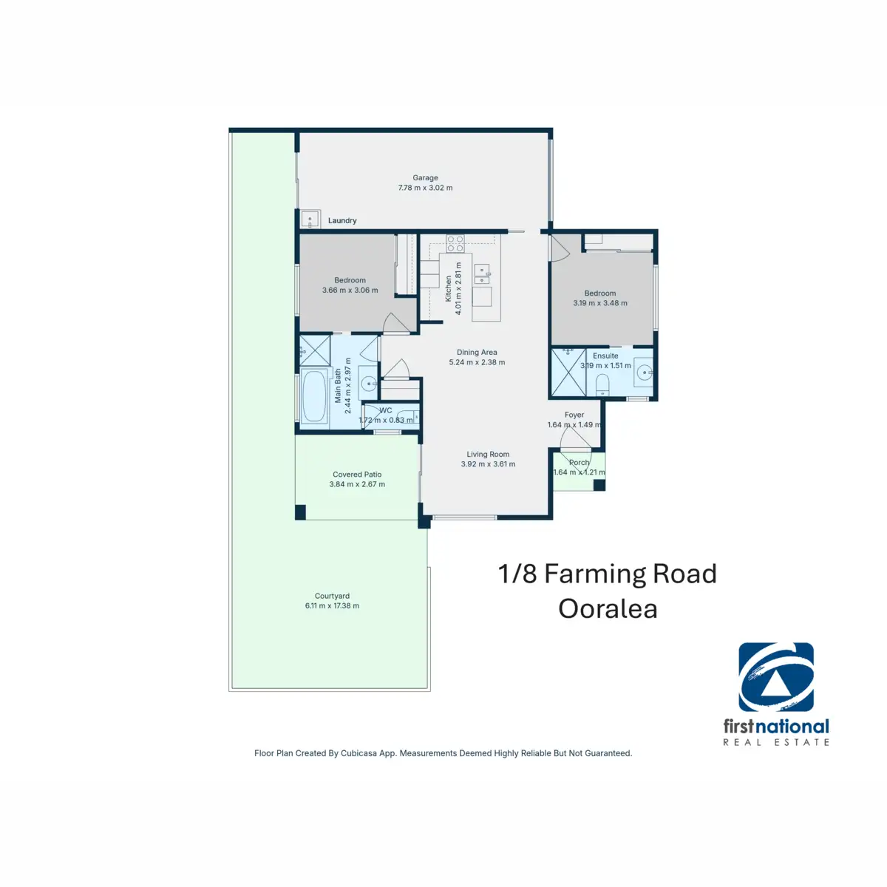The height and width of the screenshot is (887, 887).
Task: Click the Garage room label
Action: tap(425, 177)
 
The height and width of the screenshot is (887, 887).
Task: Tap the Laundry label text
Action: tap(342, 220)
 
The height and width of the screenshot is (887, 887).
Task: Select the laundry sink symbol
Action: tap(310, 219)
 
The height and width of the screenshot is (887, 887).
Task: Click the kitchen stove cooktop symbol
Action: tap(455, 243)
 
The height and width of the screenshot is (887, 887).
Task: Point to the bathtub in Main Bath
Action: tap(315, 396)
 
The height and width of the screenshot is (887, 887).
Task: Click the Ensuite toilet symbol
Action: tap(602, 384)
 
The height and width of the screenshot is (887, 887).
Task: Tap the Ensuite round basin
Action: tap(645, 372)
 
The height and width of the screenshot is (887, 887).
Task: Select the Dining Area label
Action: tap(477, 352)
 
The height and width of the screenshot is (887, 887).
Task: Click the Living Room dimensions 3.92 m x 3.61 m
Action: tap(488, 464)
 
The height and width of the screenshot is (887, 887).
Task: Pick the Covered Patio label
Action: tap(357, 474)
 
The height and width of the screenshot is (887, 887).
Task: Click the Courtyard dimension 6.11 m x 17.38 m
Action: tap(332, 606)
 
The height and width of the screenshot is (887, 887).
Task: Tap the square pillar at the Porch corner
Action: tap(599, 485)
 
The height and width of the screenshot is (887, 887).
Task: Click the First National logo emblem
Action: tap(776, 676)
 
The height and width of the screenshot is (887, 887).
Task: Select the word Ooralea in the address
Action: tap(608, 609)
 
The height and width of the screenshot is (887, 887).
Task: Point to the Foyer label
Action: tap(574, 415)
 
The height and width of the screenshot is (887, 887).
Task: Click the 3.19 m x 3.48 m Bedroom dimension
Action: tap(599, 303)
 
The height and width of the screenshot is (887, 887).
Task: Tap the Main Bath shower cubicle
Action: tap(315, 351)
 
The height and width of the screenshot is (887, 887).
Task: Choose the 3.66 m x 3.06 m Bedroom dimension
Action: tap(350, 290)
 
